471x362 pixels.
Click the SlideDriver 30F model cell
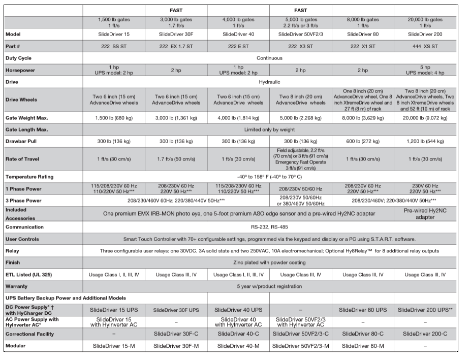coord(176,34)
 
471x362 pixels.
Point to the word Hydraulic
coord(269,82)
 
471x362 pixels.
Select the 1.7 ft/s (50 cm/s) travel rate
coord(176,159)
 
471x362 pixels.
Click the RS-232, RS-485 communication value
coord(269,227)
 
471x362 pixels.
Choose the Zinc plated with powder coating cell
coord(269,262)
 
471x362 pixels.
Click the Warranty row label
coord(17,286)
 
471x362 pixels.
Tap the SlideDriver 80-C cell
coord(363,334)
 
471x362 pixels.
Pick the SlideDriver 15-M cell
coord(114,346)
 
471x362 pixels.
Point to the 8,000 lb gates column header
coord(363,22)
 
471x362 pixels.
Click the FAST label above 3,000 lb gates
coord(176,10)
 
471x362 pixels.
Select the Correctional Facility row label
coord(30,334)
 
